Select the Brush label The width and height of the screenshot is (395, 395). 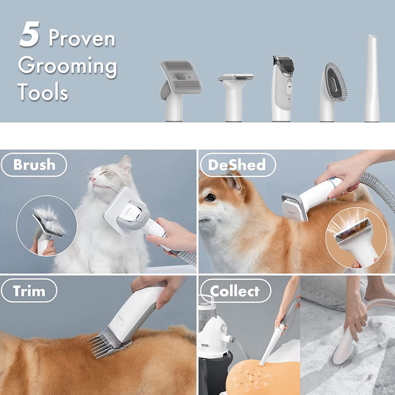pos(34,165)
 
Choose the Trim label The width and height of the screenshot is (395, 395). pos(29,291)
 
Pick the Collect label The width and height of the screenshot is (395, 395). pos(234,291)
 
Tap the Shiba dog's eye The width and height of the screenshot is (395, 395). pos(211,197)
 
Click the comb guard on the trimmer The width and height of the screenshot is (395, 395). pos(110,342)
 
